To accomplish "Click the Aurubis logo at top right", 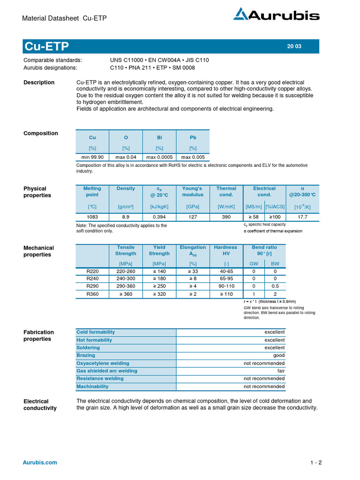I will tap(276, 15).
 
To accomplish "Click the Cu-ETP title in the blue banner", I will tap(46, 46).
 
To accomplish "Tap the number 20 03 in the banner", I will tap(294, 46).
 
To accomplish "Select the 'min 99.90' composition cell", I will tap(92, 157).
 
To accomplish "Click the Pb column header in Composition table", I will tap(193, 137).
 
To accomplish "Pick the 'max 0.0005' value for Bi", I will tap(159, 157).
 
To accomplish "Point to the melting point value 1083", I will tap(92, 217).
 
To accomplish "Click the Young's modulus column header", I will tap(193, 191).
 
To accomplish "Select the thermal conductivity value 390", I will tap(226, 217).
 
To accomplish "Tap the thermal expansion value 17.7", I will tap(302, 217).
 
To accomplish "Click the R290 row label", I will tap(93, 286).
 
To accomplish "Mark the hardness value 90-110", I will tap(225, 286).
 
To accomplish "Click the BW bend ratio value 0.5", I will tap(275, 286).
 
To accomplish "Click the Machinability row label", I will tap(92, 386).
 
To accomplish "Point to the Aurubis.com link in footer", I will tap(40, 462).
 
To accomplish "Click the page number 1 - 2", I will tap(316, 463).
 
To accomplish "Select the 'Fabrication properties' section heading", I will tap(38, 335).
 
